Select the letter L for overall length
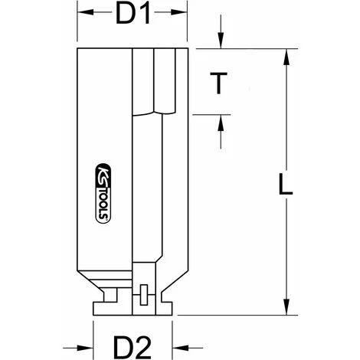click(286, 185)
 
